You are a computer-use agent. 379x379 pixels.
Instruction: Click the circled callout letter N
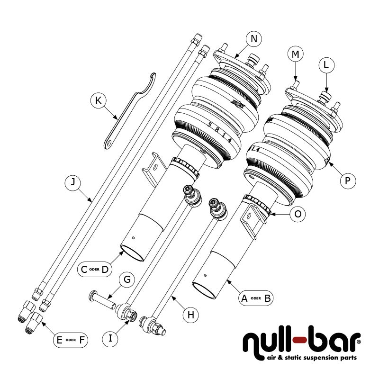254,39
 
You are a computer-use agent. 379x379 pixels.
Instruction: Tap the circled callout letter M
296,55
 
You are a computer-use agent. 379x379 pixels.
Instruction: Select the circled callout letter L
326,66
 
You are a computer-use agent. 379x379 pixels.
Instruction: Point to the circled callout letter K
98,100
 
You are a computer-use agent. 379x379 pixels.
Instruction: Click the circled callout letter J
72,182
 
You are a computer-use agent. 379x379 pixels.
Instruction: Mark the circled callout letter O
298,214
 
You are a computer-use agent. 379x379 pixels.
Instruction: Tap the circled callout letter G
126,280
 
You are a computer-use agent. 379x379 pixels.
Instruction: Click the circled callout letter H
191,314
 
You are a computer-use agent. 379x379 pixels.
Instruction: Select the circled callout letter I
110,338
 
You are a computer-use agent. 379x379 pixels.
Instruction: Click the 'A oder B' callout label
256,298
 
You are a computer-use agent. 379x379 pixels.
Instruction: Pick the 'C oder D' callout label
95,270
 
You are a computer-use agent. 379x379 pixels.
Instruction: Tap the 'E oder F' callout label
70,340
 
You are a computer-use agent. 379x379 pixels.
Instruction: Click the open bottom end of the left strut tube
133,253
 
